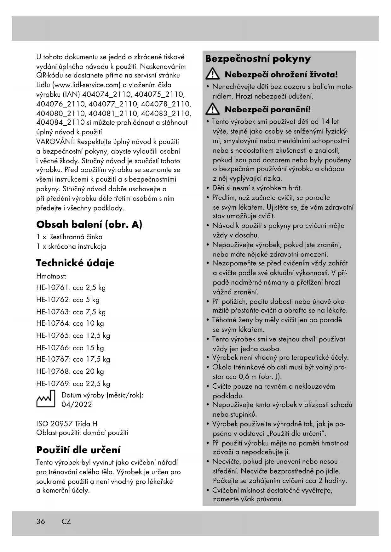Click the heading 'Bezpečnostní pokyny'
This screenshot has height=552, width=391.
[258, 59]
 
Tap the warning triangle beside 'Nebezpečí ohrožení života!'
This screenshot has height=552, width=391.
[213, 75]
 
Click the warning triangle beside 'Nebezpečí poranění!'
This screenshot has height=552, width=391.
[213, 110]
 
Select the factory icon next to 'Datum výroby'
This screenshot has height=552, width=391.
[46, 399]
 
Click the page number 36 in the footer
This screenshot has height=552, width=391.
[41, 521]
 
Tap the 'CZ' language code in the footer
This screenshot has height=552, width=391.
[66, 521]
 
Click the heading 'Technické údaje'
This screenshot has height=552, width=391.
[75, 263]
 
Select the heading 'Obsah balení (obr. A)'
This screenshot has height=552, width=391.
[89, 224]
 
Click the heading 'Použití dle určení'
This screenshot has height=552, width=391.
[78, 450]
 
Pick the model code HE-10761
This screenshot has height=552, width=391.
[52, 288]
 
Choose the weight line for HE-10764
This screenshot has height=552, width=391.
[70, 324]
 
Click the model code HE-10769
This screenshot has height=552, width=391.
[52, 384]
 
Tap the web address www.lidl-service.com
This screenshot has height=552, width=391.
[87, 85]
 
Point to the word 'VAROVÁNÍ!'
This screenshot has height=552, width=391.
[55, 142]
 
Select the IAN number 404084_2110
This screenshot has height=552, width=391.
[60, 123]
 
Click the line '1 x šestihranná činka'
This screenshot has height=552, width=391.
[69, 237]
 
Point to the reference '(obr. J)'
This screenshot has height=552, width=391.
[270, 377]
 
